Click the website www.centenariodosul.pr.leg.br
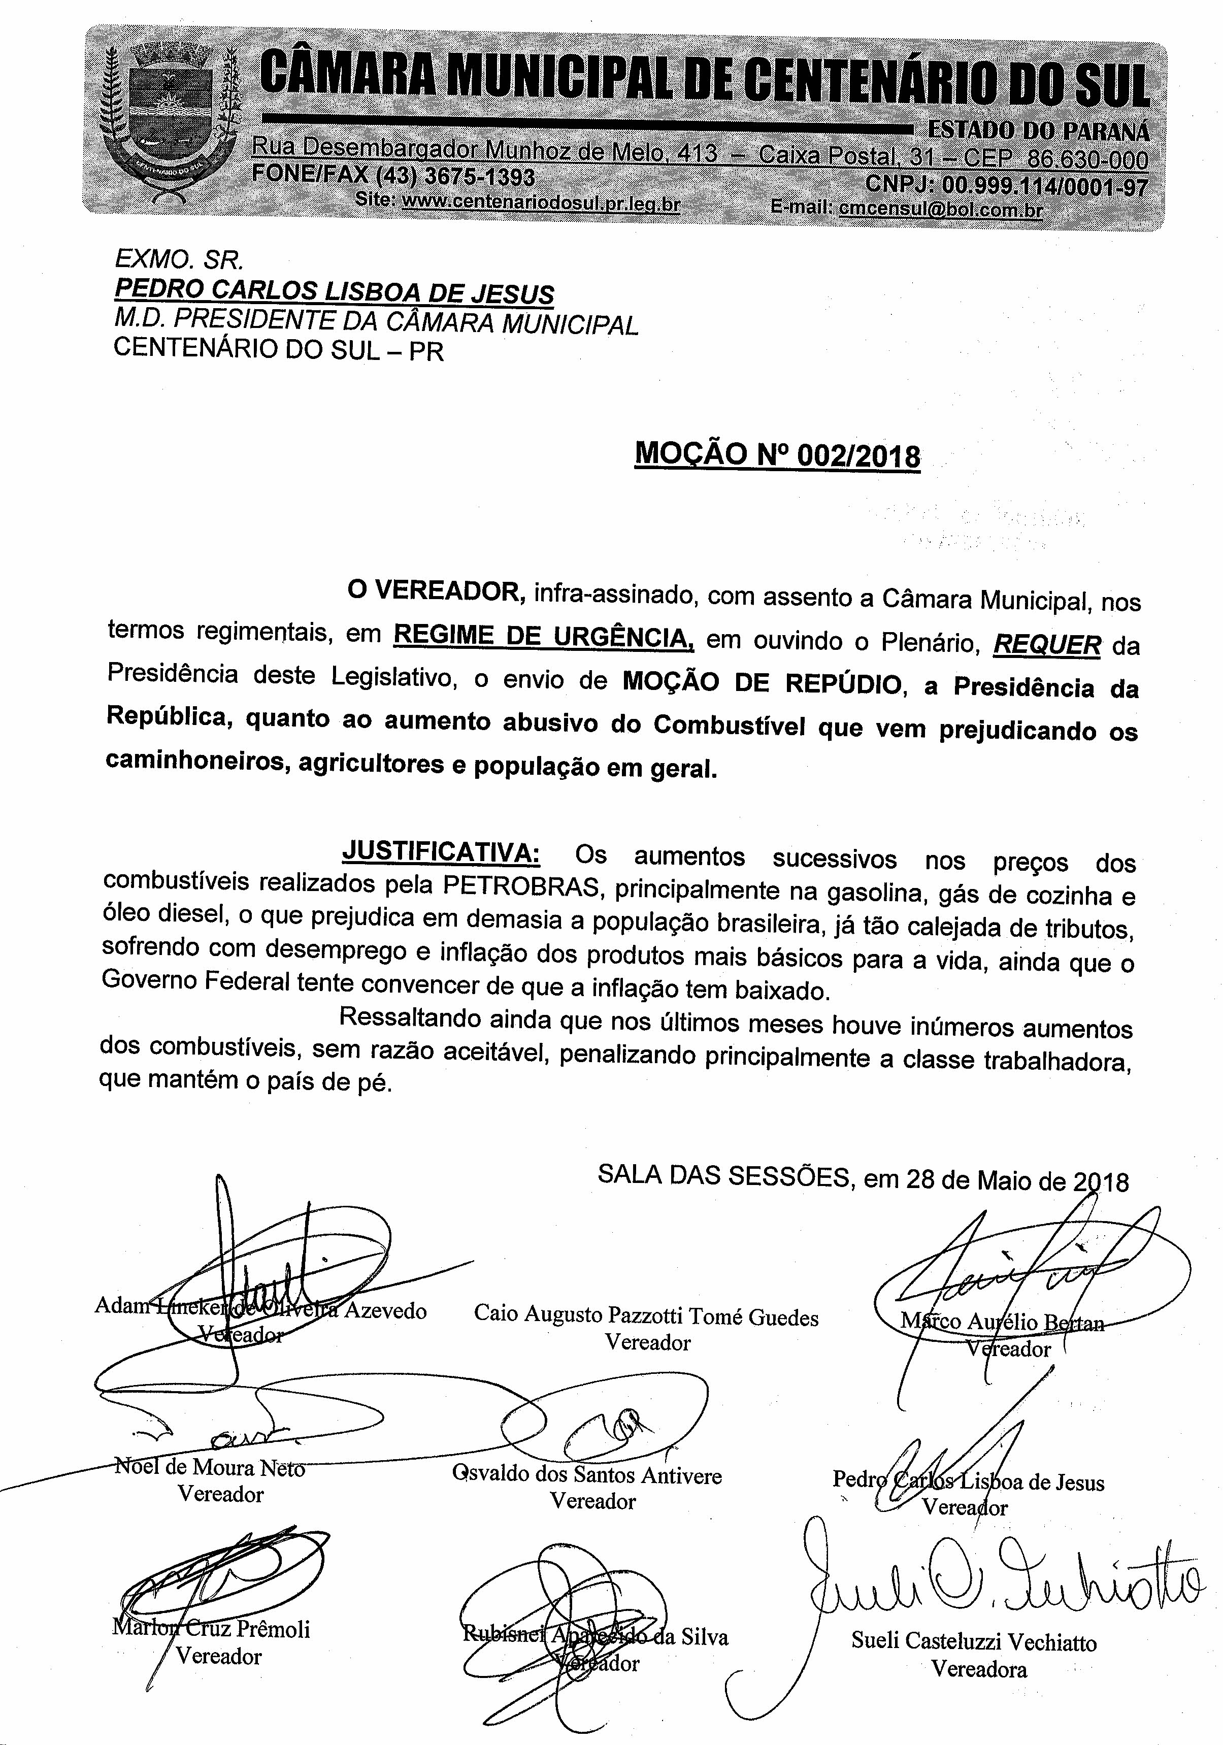point(540,202)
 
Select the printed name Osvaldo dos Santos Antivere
point(587,1475)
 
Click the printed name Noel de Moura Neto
point(209,1466)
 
